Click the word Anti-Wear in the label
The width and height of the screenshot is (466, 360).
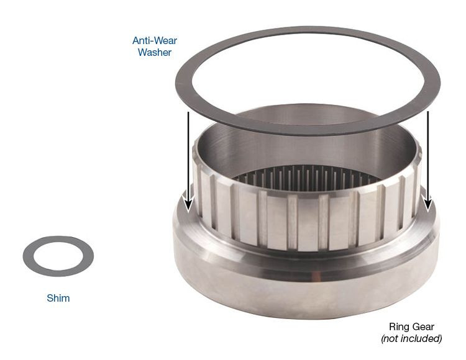coord(152,40)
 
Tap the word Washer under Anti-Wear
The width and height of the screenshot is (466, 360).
coord(154,52)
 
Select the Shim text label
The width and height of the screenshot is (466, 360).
coord(58,298)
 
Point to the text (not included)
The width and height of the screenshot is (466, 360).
coord(411,338)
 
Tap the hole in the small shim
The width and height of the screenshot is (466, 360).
coord(58,256)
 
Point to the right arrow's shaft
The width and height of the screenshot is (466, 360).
coord(427,155)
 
